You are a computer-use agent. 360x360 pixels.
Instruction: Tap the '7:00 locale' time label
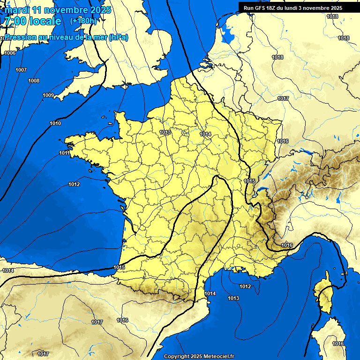point(32,22)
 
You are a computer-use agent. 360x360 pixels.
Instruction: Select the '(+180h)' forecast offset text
point(83,21)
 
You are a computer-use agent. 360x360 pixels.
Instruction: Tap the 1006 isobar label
point(9,53)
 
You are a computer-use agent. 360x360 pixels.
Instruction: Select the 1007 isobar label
point(21,70)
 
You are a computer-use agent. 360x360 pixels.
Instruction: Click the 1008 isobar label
point(34,81)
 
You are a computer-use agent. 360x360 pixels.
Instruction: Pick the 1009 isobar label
point(48,95)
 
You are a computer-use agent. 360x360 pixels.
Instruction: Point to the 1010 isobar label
point(55,123)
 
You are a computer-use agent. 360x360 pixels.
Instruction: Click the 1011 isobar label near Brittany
point(65,153)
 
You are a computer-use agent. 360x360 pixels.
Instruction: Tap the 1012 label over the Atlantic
point(74,184)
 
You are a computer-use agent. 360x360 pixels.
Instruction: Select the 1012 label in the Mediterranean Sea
point(245,286)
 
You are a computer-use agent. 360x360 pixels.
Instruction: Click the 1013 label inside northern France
point(165,132)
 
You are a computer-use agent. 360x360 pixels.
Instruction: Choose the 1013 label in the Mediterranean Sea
point(233,298)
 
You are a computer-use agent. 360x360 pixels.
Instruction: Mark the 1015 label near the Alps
point(249,181)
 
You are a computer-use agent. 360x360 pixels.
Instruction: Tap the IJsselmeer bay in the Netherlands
point(228,34)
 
